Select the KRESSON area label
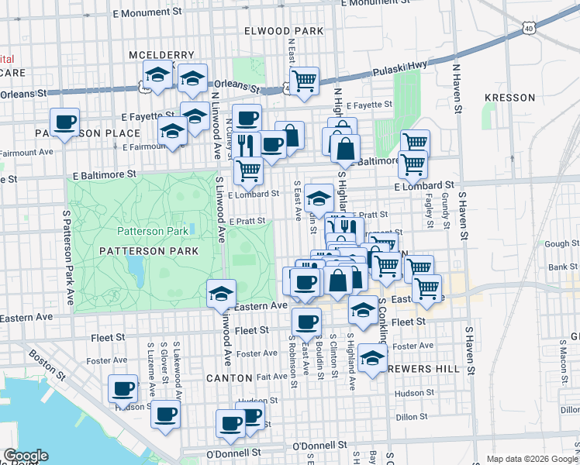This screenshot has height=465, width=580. click(509, 98)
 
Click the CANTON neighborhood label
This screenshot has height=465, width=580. click(229, 378)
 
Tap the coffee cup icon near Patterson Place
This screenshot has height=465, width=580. click(65, 122)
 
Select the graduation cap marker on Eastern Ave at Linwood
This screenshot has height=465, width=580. click(221, 294)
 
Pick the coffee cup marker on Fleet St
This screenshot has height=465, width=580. click(306, 322)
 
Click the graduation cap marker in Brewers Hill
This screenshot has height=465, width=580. click(373, 358)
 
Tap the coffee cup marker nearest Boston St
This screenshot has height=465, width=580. click(123, 389)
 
